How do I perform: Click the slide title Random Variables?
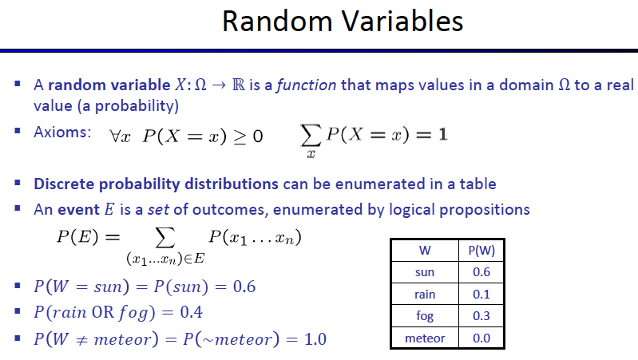343,22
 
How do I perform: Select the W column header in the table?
425,250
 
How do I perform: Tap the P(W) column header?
481,250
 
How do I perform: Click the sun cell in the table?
425,272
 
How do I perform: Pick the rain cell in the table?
425,294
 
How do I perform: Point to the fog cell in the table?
425,315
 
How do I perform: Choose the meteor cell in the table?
425,338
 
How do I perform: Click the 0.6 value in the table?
481,272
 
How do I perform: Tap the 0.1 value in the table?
481,294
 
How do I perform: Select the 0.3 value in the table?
481,315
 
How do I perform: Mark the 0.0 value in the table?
481,338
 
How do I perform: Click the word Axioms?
62,133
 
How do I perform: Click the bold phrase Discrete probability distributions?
156,184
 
